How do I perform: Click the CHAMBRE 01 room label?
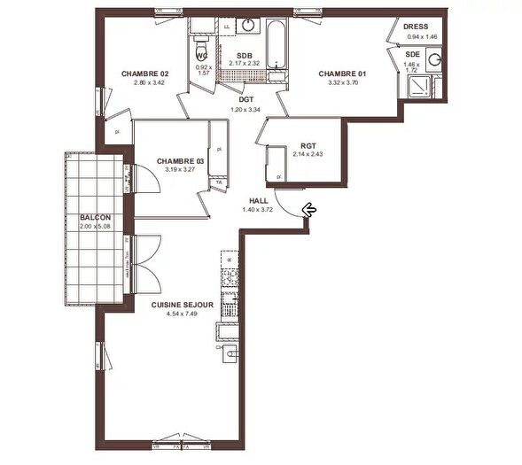[x=341, y=74]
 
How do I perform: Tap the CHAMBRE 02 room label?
[x=144, y=74]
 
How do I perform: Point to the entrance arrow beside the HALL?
[x=310, y=210]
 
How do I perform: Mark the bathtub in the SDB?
[x=275, y=44]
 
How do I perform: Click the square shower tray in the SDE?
[x=417, y=86]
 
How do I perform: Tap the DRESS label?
[x=416, y=27]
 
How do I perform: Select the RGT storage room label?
[x=308, y=146]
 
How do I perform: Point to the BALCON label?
[x=95, y=217]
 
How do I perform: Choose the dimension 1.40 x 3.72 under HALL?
[x=259, y=210]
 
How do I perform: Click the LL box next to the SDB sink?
[x=226, y=27]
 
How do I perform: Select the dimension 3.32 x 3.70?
[x=341, y=82]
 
